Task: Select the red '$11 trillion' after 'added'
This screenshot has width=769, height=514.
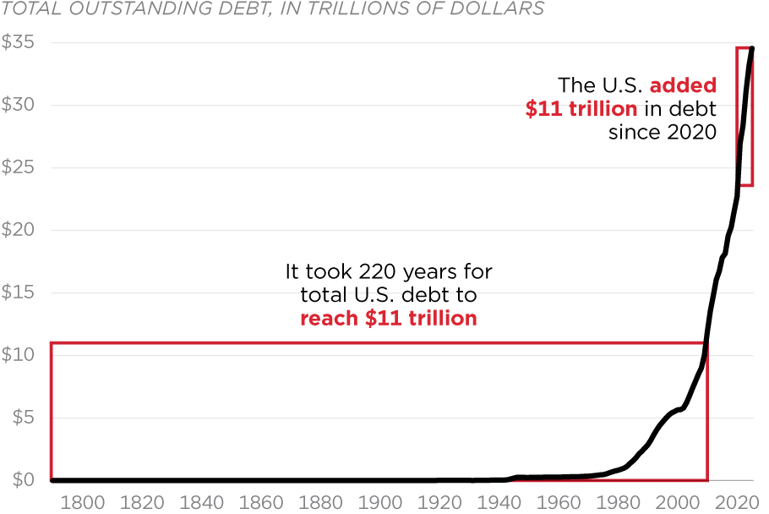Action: (x=581, y=109)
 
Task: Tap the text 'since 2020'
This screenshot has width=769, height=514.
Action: (x=663, y=133)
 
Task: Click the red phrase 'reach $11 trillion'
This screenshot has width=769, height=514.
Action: (x=389, y=319)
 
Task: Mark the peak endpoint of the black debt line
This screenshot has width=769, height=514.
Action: (x=752, y=48)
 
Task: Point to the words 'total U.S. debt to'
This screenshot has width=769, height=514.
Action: (x=389, y=295)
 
